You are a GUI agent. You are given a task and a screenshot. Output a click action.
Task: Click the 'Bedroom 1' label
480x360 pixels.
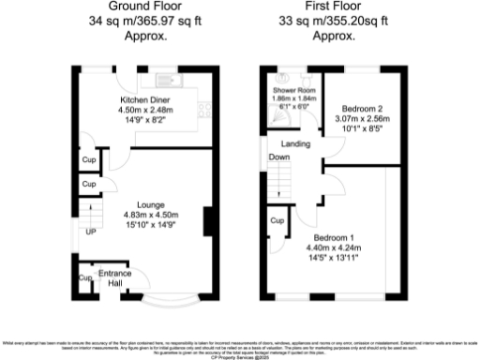coord(335,237)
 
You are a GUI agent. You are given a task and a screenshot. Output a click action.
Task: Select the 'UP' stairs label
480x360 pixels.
coord(90,232)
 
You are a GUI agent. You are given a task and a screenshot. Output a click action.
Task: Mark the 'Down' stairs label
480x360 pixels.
coord(279,158)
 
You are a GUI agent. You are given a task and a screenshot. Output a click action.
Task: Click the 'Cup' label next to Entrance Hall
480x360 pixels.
coord(84,278)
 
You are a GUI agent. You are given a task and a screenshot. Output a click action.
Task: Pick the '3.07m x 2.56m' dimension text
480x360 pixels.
coord(361,119)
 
